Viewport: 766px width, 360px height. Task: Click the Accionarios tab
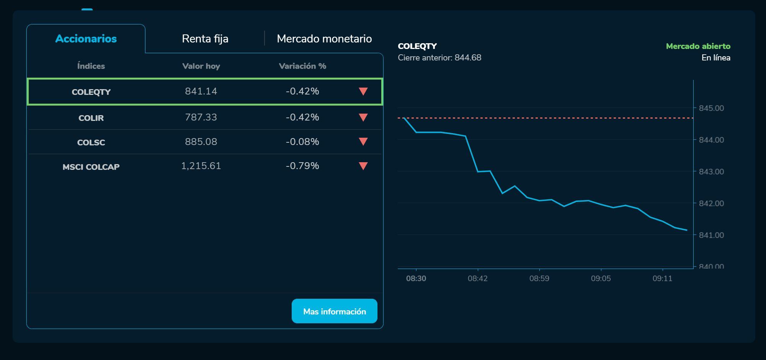coord(86,39)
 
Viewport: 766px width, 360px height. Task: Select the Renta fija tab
coord(205,39)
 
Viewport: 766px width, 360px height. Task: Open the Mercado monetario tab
coord(324,39)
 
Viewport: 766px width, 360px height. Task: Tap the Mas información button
coord(334,311)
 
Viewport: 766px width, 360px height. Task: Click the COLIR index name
coord(91,118)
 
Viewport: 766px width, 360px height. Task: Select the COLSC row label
coord(91,142)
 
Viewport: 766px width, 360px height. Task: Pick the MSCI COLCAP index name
coord(91,167)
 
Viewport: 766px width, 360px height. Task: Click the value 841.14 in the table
coord(201,91)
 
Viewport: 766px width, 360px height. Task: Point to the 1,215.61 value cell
coord(201,166)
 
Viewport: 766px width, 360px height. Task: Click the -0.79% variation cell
coord(302,166)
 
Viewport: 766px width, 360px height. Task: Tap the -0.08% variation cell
coord(302,142)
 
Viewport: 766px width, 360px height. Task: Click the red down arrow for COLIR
coord(363,117)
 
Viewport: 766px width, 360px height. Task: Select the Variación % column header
coord(302,66)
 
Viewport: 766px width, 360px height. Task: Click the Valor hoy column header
coord(201,66)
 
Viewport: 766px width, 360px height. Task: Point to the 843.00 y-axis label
coord(711,172)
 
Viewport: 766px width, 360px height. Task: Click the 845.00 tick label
coord(711,108)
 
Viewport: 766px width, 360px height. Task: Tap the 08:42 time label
coord(478,279)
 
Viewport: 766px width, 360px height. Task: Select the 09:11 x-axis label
coord(662,279)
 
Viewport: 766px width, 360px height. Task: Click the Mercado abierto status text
coord(698,46)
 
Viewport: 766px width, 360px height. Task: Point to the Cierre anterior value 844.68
coord(468,58)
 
